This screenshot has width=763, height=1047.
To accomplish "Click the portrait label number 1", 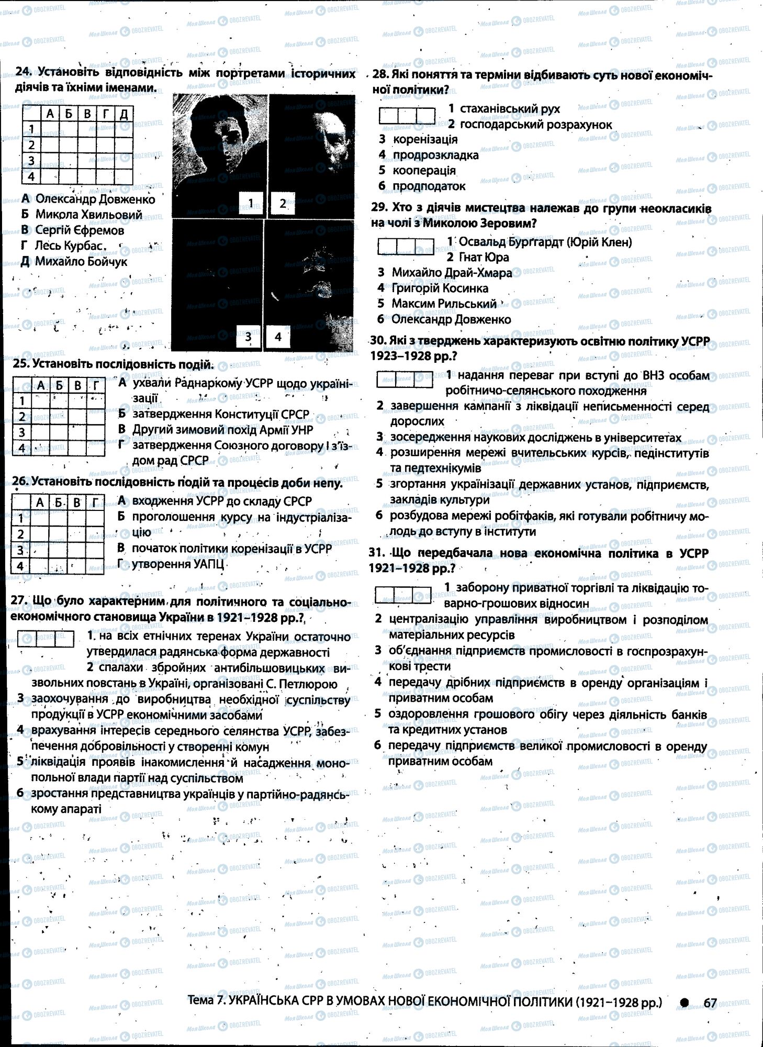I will click(x=251, y=203).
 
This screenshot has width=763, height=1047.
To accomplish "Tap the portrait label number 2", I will click(x=283, y=203).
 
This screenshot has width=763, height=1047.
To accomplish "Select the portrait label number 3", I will click(x=248, y=337).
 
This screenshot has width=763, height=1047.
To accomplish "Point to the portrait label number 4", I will click(x=278, y=337).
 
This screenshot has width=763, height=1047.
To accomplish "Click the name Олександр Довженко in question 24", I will click(x=95, y=199).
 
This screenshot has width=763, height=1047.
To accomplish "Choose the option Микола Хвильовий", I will click(x=88, y=215).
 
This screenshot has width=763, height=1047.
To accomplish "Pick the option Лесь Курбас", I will click(x=68, y=246).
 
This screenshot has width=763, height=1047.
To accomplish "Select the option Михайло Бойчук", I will click(x=81, y=261).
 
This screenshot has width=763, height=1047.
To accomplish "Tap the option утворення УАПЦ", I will click(x=177, y=564).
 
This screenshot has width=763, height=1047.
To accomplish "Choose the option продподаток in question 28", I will click(x=429, y=186).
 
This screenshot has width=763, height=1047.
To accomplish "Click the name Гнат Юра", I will click(x=483, y=257).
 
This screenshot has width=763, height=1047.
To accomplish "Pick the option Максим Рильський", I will click(x=444, y=304).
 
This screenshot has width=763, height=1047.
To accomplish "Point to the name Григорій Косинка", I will click(x=440, y=288).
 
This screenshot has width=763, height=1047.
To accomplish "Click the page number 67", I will click(x=710, y=1003).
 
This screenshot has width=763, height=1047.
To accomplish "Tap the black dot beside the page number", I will click(x=685, y=1002).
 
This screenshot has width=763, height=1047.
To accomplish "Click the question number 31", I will click(x=376, y=553).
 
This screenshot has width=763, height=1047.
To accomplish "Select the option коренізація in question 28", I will click(x=425, y=139).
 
